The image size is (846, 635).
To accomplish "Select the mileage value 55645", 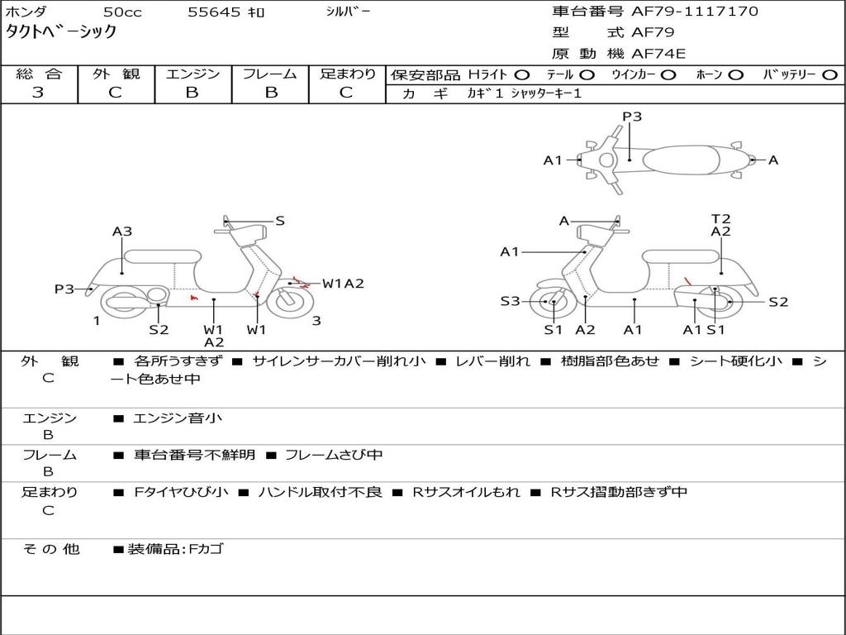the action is click(x=213, y=12).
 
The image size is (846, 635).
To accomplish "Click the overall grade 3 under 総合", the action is click(x=38, y=93).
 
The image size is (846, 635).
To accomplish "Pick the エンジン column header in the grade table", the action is click(x=192, y=74).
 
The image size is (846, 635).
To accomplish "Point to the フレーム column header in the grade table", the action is click(x=270, y=74).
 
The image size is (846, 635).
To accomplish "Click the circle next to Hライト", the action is click(x=523, y=74).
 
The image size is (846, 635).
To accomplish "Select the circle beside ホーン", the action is click(x=736, y=74).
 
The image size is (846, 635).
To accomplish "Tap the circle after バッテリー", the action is click(x=829, y=74).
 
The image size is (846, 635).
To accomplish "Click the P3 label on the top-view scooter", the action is click(x=632, y=117).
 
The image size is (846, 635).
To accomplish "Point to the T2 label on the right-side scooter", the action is click(x=720, y=218).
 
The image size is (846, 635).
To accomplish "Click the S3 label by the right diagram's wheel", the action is click(x=510, y=302).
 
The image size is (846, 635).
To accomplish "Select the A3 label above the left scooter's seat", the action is click(x=122, y=232).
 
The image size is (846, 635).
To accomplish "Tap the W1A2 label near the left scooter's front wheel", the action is click(x=343, y=284).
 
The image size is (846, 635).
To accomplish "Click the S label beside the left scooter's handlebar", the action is click(x=280, y=221).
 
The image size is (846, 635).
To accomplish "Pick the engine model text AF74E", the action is click(x=658, y=54).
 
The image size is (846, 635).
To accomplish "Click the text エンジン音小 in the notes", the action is click(x=178, y=418).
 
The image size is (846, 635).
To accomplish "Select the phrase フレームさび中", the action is click(x=334, y=455).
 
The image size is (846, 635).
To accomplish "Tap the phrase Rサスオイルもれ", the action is click(x=466, y=492).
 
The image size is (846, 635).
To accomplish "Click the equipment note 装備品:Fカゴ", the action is click(x=174, y=548).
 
